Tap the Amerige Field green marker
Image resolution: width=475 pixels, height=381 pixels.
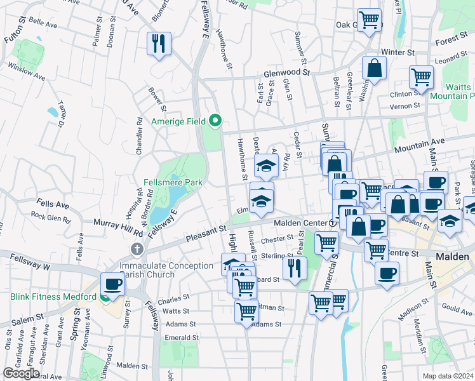coord(215,120)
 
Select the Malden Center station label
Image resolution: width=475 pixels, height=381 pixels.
coord(300,224)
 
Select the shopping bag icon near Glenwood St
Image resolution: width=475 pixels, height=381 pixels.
coord(375,67)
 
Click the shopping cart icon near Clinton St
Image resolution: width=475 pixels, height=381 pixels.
coord(421,77)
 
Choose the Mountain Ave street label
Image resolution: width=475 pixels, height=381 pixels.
coord(420,146)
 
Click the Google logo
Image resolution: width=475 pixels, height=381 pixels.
coord(22,373)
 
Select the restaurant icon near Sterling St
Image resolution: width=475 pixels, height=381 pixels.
coord(295,267)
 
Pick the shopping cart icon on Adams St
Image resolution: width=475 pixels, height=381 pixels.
coord(246,311)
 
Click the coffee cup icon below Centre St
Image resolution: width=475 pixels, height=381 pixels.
coord(387,273)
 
